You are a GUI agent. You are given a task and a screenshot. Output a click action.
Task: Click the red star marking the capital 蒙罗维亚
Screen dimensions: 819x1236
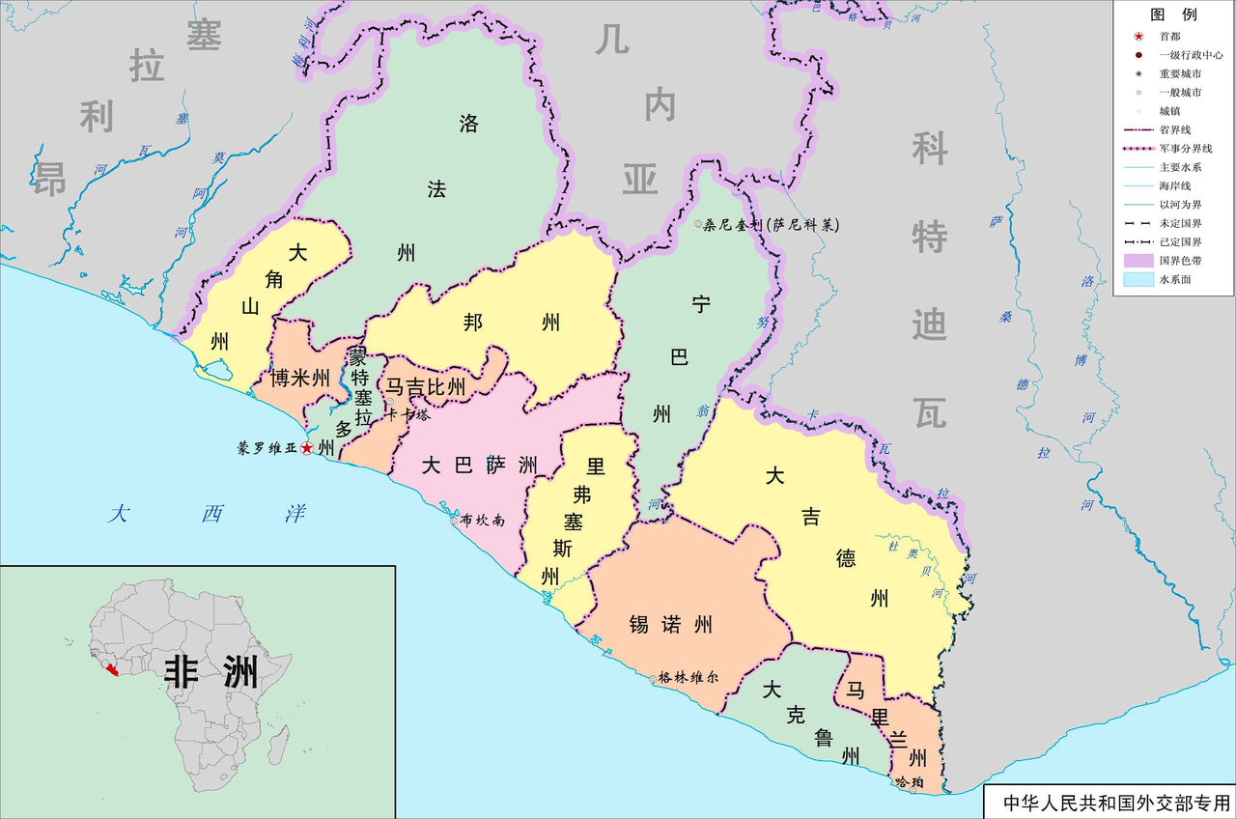coord(307,448)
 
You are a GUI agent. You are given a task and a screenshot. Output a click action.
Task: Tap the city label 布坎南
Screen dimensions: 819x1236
coord(483,520)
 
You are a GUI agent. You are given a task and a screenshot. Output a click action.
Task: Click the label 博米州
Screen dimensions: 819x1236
coord(299,378)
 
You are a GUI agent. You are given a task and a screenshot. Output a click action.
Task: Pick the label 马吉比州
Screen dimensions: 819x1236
coord(426,388)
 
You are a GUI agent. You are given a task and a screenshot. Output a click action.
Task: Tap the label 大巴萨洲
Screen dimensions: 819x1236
coord(480,466)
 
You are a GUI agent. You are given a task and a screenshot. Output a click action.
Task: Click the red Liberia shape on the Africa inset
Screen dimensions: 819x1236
coord(113,669)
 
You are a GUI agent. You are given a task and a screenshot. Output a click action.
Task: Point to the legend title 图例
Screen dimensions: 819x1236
coord(1173,14)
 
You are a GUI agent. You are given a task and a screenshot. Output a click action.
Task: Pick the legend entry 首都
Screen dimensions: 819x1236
coord(1169,36)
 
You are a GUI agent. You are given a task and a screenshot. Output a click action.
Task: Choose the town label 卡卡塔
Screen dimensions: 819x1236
coord(407,415)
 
